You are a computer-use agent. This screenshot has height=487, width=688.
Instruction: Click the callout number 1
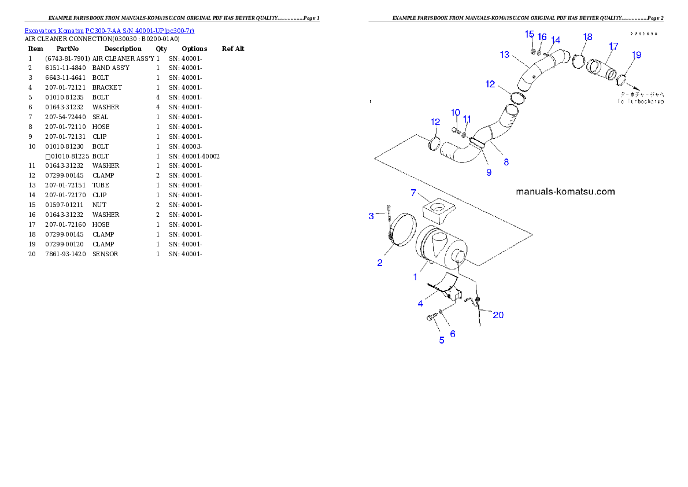415,277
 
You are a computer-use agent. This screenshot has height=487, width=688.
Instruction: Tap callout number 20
497,315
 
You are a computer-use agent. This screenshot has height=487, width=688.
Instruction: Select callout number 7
413,193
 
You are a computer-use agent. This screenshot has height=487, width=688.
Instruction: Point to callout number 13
505,54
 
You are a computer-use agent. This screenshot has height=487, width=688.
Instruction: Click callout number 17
613,46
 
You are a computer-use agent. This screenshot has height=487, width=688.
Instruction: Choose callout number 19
636,56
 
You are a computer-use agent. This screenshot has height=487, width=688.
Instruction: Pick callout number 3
372,216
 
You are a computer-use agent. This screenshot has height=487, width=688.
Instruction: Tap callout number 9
489,172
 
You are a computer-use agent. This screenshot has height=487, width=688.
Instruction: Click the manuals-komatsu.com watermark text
565,191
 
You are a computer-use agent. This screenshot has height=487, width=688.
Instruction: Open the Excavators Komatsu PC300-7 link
109,30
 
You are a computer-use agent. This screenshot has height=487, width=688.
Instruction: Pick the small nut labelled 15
532,51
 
